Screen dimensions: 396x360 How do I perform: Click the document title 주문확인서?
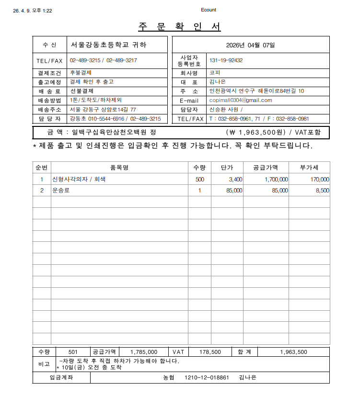tap(180, 27)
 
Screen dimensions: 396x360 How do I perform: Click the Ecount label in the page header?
tap(209, 10)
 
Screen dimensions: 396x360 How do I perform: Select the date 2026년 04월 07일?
tap(250, 45)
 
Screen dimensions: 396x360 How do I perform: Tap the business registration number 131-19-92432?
tap(226, 61)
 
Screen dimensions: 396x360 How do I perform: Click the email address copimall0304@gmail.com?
tap(241, 101)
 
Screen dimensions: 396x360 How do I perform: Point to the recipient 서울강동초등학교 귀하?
tap(108, 45)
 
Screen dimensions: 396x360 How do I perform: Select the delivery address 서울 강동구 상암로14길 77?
tap(103, 110)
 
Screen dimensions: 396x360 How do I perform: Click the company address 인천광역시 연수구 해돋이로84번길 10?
tap(256, 91)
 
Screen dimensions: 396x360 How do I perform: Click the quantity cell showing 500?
tap(199, 180)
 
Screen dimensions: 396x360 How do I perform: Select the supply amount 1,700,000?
tap(276, 180)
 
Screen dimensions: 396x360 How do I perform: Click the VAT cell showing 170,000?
tap(318, 180)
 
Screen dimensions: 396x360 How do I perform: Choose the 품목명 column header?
tap(119, 168)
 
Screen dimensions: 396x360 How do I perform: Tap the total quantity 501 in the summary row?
tap(73, 352)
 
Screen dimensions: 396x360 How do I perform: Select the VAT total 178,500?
tap(210, 352)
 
